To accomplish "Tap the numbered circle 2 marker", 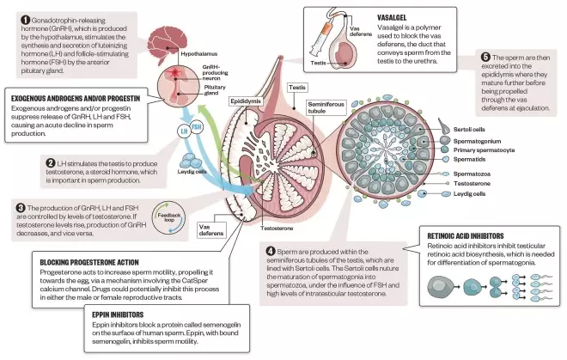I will (x=50, y=162).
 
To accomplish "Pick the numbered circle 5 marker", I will (x=487, y=59).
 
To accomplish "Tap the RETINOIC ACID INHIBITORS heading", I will (x=471, y=235).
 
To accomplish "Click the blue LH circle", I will (x=181, y=131).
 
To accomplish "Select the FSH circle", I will (x=197, y=125).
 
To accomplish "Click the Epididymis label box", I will (x=246, y=101).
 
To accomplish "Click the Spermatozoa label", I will (x=472, y=173).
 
